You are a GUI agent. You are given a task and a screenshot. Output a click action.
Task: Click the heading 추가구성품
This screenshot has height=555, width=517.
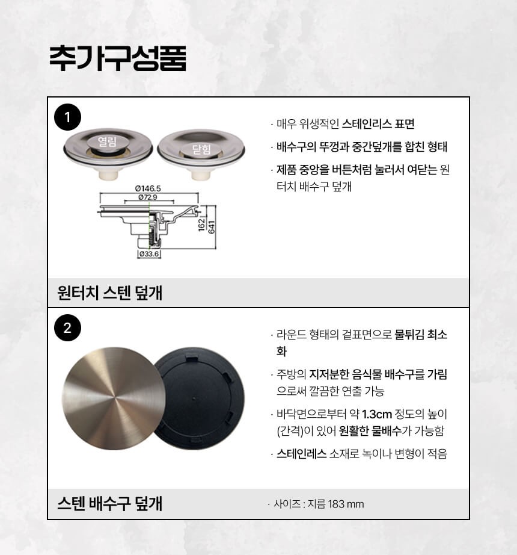tap(117, 58)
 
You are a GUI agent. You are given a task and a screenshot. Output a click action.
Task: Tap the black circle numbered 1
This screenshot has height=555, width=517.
tap(67, 117)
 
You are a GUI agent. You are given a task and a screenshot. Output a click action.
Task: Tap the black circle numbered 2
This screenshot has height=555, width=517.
tap(67, 327)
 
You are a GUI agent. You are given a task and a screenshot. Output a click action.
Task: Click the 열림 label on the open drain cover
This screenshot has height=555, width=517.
tap(107, 141)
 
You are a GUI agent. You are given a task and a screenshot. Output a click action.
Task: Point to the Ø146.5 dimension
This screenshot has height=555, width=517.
tap(148, 188)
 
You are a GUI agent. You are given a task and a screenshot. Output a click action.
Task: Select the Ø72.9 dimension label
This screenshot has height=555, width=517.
tap(148, 197)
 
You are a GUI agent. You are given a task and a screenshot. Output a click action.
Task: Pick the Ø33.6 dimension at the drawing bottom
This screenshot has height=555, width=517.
tap(148, 254)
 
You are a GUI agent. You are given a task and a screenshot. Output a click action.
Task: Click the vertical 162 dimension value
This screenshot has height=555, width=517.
tap(202, 225)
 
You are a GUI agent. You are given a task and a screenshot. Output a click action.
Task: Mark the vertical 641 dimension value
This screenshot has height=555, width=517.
tap(212, 227)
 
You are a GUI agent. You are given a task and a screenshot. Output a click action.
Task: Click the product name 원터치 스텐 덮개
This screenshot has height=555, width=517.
tap(109, 293)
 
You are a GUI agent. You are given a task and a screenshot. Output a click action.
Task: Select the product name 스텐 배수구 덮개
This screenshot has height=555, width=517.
tap(109, 503)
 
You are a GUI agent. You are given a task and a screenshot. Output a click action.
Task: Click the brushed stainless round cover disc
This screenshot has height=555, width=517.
tap(114, 398)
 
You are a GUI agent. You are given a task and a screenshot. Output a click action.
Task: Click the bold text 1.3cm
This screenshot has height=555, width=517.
tap(377, 414)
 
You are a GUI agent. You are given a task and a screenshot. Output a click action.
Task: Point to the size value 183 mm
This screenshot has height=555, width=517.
tap(346, 504)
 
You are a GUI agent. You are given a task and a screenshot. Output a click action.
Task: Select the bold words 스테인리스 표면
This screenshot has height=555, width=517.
tap(378, 124)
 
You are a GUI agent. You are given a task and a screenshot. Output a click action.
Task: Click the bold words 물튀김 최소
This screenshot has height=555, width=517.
tap(421, 335)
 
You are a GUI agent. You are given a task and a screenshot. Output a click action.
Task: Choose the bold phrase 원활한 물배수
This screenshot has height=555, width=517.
tap(370, 431)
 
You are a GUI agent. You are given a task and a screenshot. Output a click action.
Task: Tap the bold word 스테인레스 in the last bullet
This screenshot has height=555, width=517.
tap(301, 453)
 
